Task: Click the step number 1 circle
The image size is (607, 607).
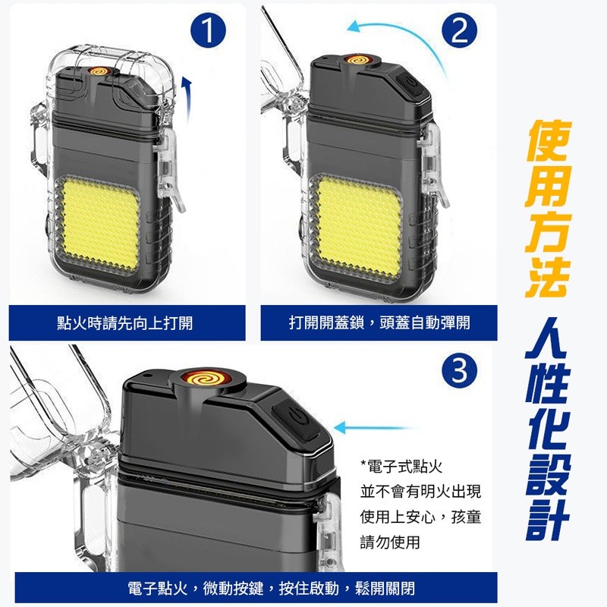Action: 208,31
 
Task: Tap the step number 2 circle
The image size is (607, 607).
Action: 459,31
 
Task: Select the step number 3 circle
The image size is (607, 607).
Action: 459,370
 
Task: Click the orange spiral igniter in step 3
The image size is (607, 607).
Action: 206,376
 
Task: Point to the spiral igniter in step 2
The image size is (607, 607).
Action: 358,60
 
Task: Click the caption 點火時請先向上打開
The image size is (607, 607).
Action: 124,323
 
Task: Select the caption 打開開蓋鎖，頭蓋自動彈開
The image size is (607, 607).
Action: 379,323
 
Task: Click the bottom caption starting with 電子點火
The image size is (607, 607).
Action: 271,589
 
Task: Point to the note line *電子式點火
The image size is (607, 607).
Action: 401,467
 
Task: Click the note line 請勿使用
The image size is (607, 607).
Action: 390,542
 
